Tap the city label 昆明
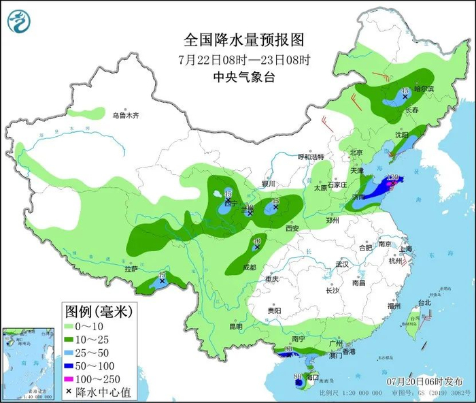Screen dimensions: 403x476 coord(235,327)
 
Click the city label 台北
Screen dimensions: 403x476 coord(424,302)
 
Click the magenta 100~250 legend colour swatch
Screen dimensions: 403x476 coord(71,379)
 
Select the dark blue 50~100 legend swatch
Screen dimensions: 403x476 coord(71,366)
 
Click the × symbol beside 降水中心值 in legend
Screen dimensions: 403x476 coord(71,392)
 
